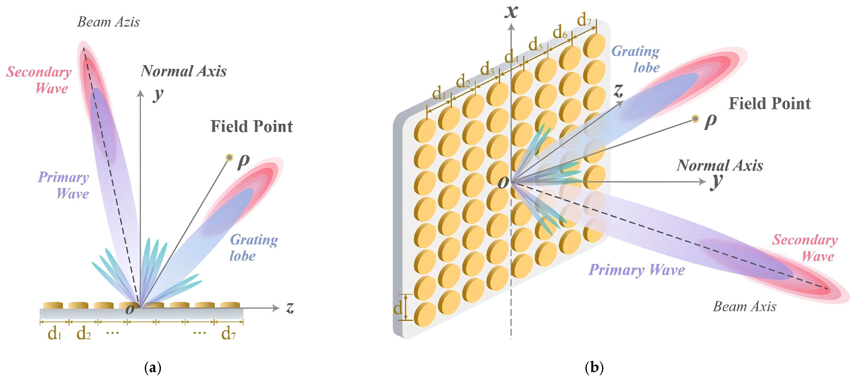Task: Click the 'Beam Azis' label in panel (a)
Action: point(108,22)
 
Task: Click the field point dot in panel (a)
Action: point(229,157)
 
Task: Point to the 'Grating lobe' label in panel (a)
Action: point(254,248)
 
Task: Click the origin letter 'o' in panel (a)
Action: point(130,309)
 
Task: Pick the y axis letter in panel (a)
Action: point(158,95)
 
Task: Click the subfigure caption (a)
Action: point(153,368)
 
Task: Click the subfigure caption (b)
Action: point(594,368)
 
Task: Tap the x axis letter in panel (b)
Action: point(511,12)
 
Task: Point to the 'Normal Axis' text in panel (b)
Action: point(720,165)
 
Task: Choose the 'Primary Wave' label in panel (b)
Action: point(637,270)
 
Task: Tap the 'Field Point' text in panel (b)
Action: point(770,104)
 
